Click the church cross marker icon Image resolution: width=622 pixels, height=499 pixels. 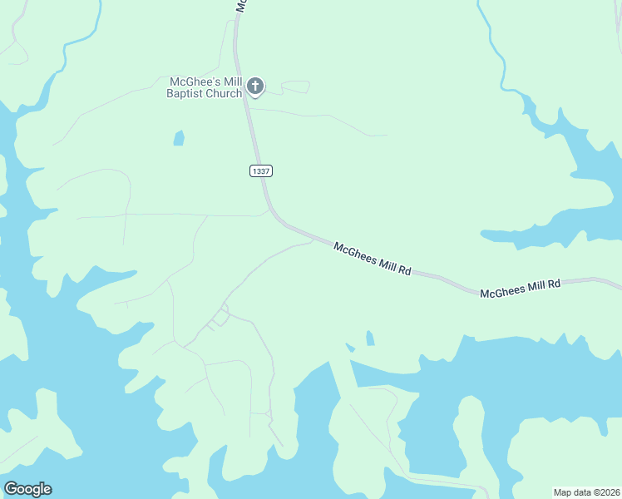255,86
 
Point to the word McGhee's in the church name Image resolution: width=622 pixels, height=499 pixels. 194,81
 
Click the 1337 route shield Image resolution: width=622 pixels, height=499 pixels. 260,170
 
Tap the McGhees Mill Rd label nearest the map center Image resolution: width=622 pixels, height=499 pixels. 373,259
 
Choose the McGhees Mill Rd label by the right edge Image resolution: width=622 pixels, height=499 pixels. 521,288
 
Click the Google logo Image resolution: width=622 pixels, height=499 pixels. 27,489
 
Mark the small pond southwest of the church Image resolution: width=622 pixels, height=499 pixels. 179,138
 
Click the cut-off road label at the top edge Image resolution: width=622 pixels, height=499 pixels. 240,5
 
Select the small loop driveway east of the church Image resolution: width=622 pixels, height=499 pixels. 295,86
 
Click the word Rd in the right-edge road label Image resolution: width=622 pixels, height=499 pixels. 555,284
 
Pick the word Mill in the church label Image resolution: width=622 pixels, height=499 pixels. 230,81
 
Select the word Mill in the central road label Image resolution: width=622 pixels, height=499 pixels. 385,264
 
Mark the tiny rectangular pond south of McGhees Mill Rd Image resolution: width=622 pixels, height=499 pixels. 369,338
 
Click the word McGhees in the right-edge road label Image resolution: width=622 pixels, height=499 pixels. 501,291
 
